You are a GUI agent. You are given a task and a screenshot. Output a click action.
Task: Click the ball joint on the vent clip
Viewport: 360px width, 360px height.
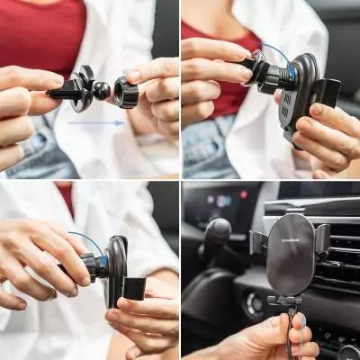point(102,90)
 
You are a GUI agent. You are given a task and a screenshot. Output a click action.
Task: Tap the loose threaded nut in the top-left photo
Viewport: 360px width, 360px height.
point(126,92)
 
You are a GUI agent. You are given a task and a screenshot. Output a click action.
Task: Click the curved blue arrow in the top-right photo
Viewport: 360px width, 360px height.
point(274,49)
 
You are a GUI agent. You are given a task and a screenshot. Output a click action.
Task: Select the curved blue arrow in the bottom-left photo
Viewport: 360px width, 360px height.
point(86,239)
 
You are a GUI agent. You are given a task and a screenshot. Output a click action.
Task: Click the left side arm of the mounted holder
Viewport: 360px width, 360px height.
point(257,243)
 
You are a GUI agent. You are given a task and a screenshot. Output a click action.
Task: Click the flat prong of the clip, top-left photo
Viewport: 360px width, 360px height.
point(63,89)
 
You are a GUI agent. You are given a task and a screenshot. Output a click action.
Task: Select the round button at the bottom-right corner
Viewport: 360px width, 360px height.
point(349,352)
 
